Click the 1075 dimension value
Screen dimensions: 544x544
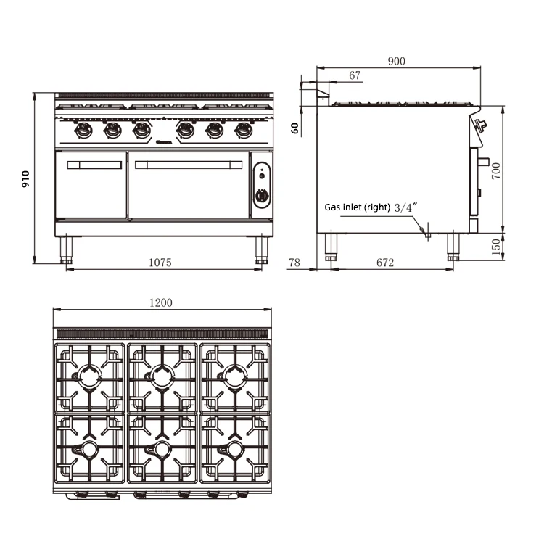[160, 263]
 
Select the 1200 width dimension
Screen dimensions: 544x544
[161, 302]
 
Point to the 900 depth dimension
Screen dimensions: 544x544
[396, 62]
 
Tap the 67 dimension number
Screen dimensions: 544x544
[355, 75]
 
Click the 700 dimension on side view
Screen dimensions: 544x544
[496, 171]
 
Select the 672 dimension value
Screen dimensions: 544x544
[385, 263]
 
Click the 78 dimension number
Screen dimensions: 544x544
[294, 263]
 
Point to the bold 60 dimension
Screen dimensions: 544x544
[294, 128]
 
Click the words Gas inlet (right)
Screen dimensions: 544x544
[357, 207]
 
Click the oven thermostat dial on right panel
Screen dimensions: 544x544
[262, 195]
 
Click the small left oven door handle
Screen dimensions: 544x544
[94, 165]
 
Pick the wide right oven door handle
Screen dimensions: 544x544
[188, 165]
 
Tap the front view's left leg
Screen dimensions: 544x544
[66, 250]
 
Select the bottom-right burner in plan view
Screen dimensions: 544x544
[235, 450]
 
